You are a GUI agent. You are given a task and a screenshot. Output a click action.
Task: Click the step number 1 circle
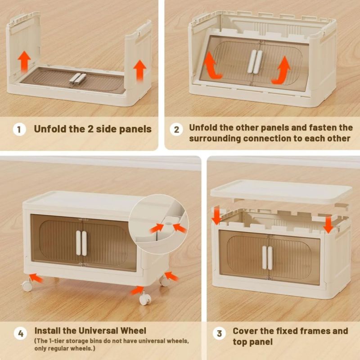point(19,129)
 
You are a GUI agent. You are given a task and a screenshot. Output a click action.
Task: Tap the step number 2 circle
point(176,129)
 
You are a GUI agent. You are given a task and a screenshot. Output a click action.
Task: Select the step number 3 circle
point(219,333)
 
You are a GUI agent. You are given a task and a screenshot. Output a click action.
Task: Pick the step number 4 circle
point(20,333)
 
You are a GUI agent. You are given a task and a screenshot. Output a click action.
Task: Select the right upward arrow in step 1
point(139,71)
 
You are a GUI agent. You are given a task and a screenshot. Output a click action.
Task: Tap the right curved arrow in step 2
point(282,70)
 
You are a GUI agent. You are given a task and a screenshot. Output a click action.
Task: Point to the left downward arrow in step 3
point(216,215)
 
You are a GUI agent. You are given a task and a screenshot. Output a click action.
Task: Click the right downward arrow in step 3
point(328,224)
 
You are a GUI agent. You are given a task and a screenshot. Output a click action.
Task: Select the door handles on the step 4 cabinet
point(81,243)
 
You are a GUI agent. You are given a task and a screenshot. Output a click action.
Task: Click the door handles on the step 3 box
point(267,257)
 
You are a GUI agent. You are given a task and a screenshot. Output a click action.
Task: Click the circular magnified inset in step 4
point(159,224)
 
